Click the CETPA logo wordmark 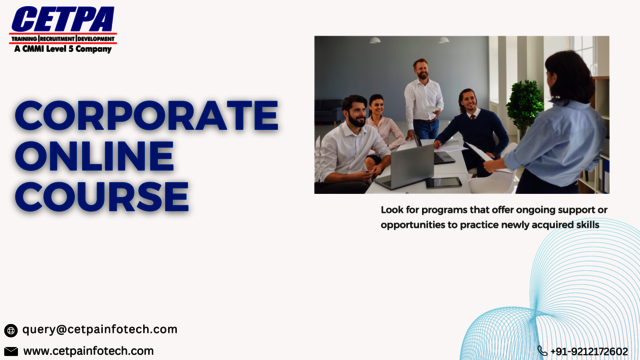click(x=62, y=19)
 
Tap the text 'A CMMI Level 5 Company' click(x=62, y=47)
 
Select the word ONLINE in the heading click(x=94, y=155)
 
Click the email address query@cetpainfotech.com click(x=100, y=329)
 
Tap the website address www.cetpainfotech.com click(x=88, y=351)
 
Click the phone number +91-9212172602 click(x=589, y=351)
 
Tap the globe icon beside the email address click(x=11, y=330)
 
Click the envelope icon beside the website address click(x=11, y=351)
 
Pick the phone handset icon click(x=542, y=351)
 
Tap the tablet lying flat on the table click(x=443, y=182)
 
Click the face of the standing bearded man click(x=420, y=70)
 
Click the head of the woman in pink click(x=376, y=104)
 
